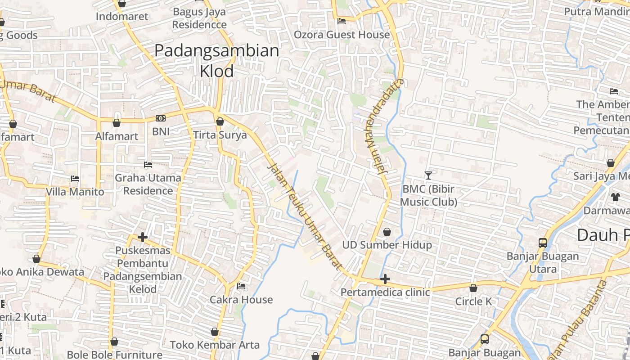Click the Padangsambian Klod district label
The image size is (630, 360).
point(217,60)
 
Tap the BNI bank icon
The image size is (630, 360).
point(161,118)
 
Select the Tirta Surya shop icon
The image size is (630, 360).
point(220,121)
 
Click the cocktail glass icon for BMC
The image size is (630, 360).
point(428,175)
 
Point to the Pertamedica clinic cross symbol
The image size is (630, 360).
point(385,279)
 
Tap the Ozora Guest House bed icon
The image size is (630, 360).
point(342,21)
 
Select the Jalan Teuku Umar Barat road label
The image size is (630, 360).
point(305,216)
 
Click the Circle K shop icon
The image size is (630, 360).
point(473,288)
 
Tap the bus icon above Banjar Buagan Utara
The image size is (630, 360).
point(543,243)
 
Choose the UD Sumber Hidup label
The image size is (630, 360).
point(387,245)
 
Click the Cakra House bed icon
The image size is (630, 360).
point(241,286)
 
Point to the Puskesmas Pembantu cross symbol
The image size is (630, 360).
point(143,237)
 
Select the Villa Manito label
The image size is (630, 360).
point(75,192)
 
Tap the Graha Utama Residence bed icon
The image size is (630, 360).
point(148,165)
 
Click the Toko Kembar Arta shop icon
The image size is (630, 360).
point(215,332)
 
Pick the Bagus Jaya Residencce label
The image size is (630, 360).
point(199,18)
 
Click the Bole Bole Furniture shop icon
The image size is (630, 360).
point(114,342)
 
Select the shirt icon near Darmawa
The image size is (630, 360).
point(615,197)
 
